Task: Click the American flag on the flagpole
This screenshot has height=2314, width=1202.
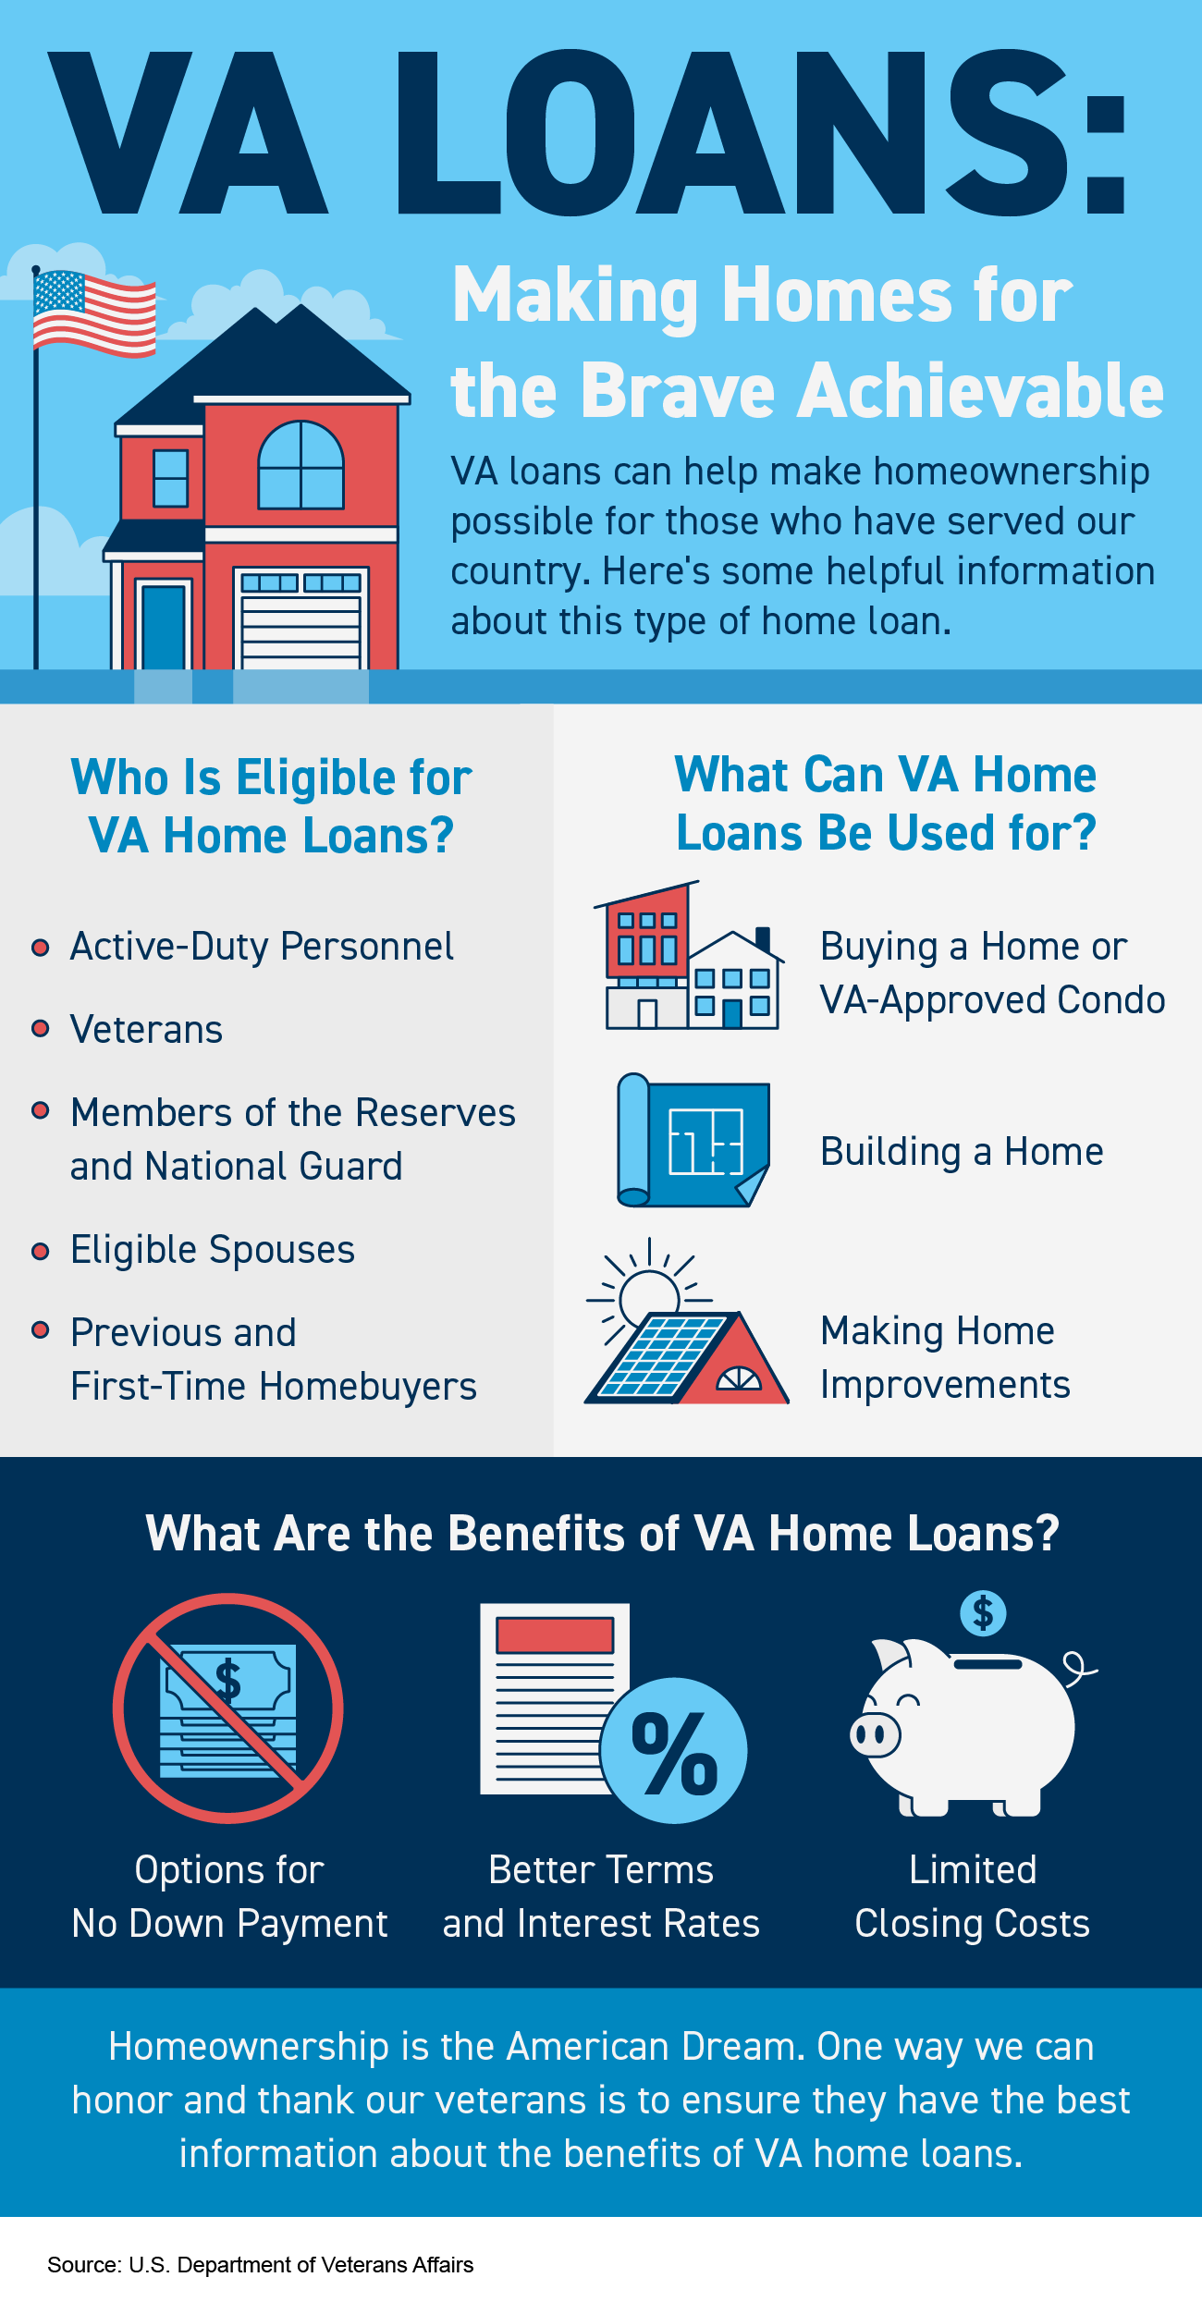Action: pos(93,313)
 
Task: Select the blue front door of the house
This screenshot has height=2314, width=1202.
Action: pos(164,627)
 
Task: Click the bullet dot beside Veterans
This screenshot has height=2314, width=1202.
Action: pos(40,1029)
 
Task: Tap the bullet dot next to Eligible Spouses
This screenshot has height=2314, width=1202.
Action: pos(40,1251)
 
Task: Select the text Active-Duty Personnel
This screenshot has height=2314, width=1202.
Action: pos(262,947)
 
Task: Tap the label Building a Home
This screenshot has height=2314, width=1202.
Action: pos(962,1152)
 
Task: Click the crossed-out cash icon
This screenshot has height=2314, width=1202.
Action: pos(228,1708)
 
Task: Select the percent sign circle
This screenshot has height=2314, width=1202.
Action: pos(674,1750)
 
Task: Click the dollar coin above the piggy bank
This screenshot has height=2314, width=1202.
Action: pos(983,1613)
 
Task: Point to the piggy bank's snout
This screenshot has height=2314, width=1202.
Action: pos(875,1734)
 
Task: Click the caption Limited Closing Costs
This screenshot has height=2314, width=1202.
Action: pos(972,1896)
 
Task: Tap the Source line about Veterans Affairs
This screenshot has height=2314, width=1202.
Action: pos(260,2265)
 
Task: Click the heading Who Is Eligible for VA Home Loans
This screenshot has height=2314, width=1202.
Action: pos(271,806)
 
